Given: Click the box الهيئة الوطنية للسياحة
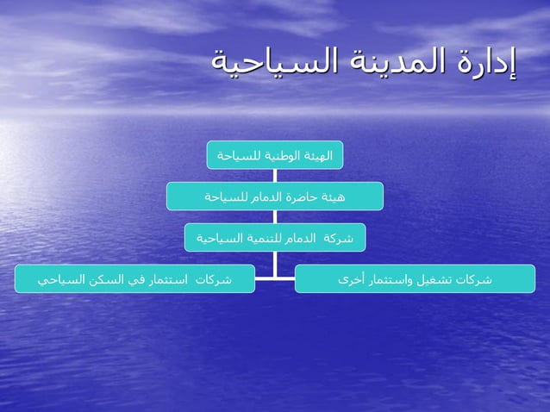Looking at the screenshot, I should pyautogui.click(x=275, y=155).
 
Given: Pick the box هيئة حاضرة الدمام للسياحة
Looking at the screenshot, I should pyautogui.click(x=275, y=196).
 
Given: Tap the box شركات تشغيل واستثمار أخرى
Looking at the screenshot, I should pyautogui.click(x=415, y=279).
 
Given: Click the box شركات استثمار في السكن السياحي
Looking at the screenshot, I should pyautogui.click(x=134, y=279).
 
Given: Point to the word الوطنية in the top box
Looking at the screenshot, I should pyautogui.click(x=280, y=155).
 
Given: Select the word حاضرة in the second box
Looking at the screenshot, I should pyautogui.click(x=301, y=196).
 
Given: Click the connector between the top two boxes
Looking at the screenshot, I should pyautogui.click(x=275, y=175).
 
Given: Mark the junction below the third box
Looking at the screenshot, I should pyautogui.click(x=275, y=278).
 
